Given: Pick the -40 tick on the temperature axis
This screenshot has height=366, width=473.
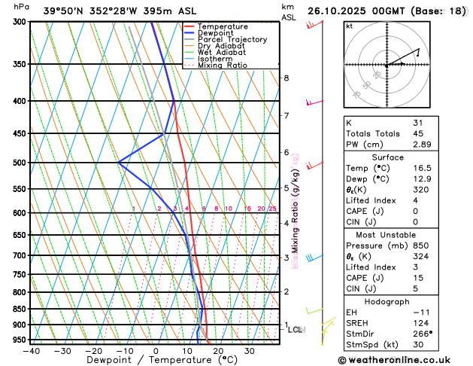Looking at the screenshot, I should [31, 351].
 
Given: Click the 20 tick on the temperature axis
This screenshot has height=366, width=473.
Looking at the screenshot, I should [218, 351].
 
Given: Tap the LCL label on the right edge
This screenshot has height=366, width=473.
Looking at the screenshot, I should [295, 330].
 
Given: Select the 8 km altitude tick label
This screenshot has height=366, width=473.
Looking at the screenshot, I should [287, 78].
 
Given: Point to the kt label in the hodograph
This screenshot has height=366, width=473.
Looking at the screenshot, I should [349, 26].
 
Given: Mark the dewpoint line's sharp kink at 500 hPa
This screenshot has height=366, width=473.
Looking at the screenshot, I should [119, 162].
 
